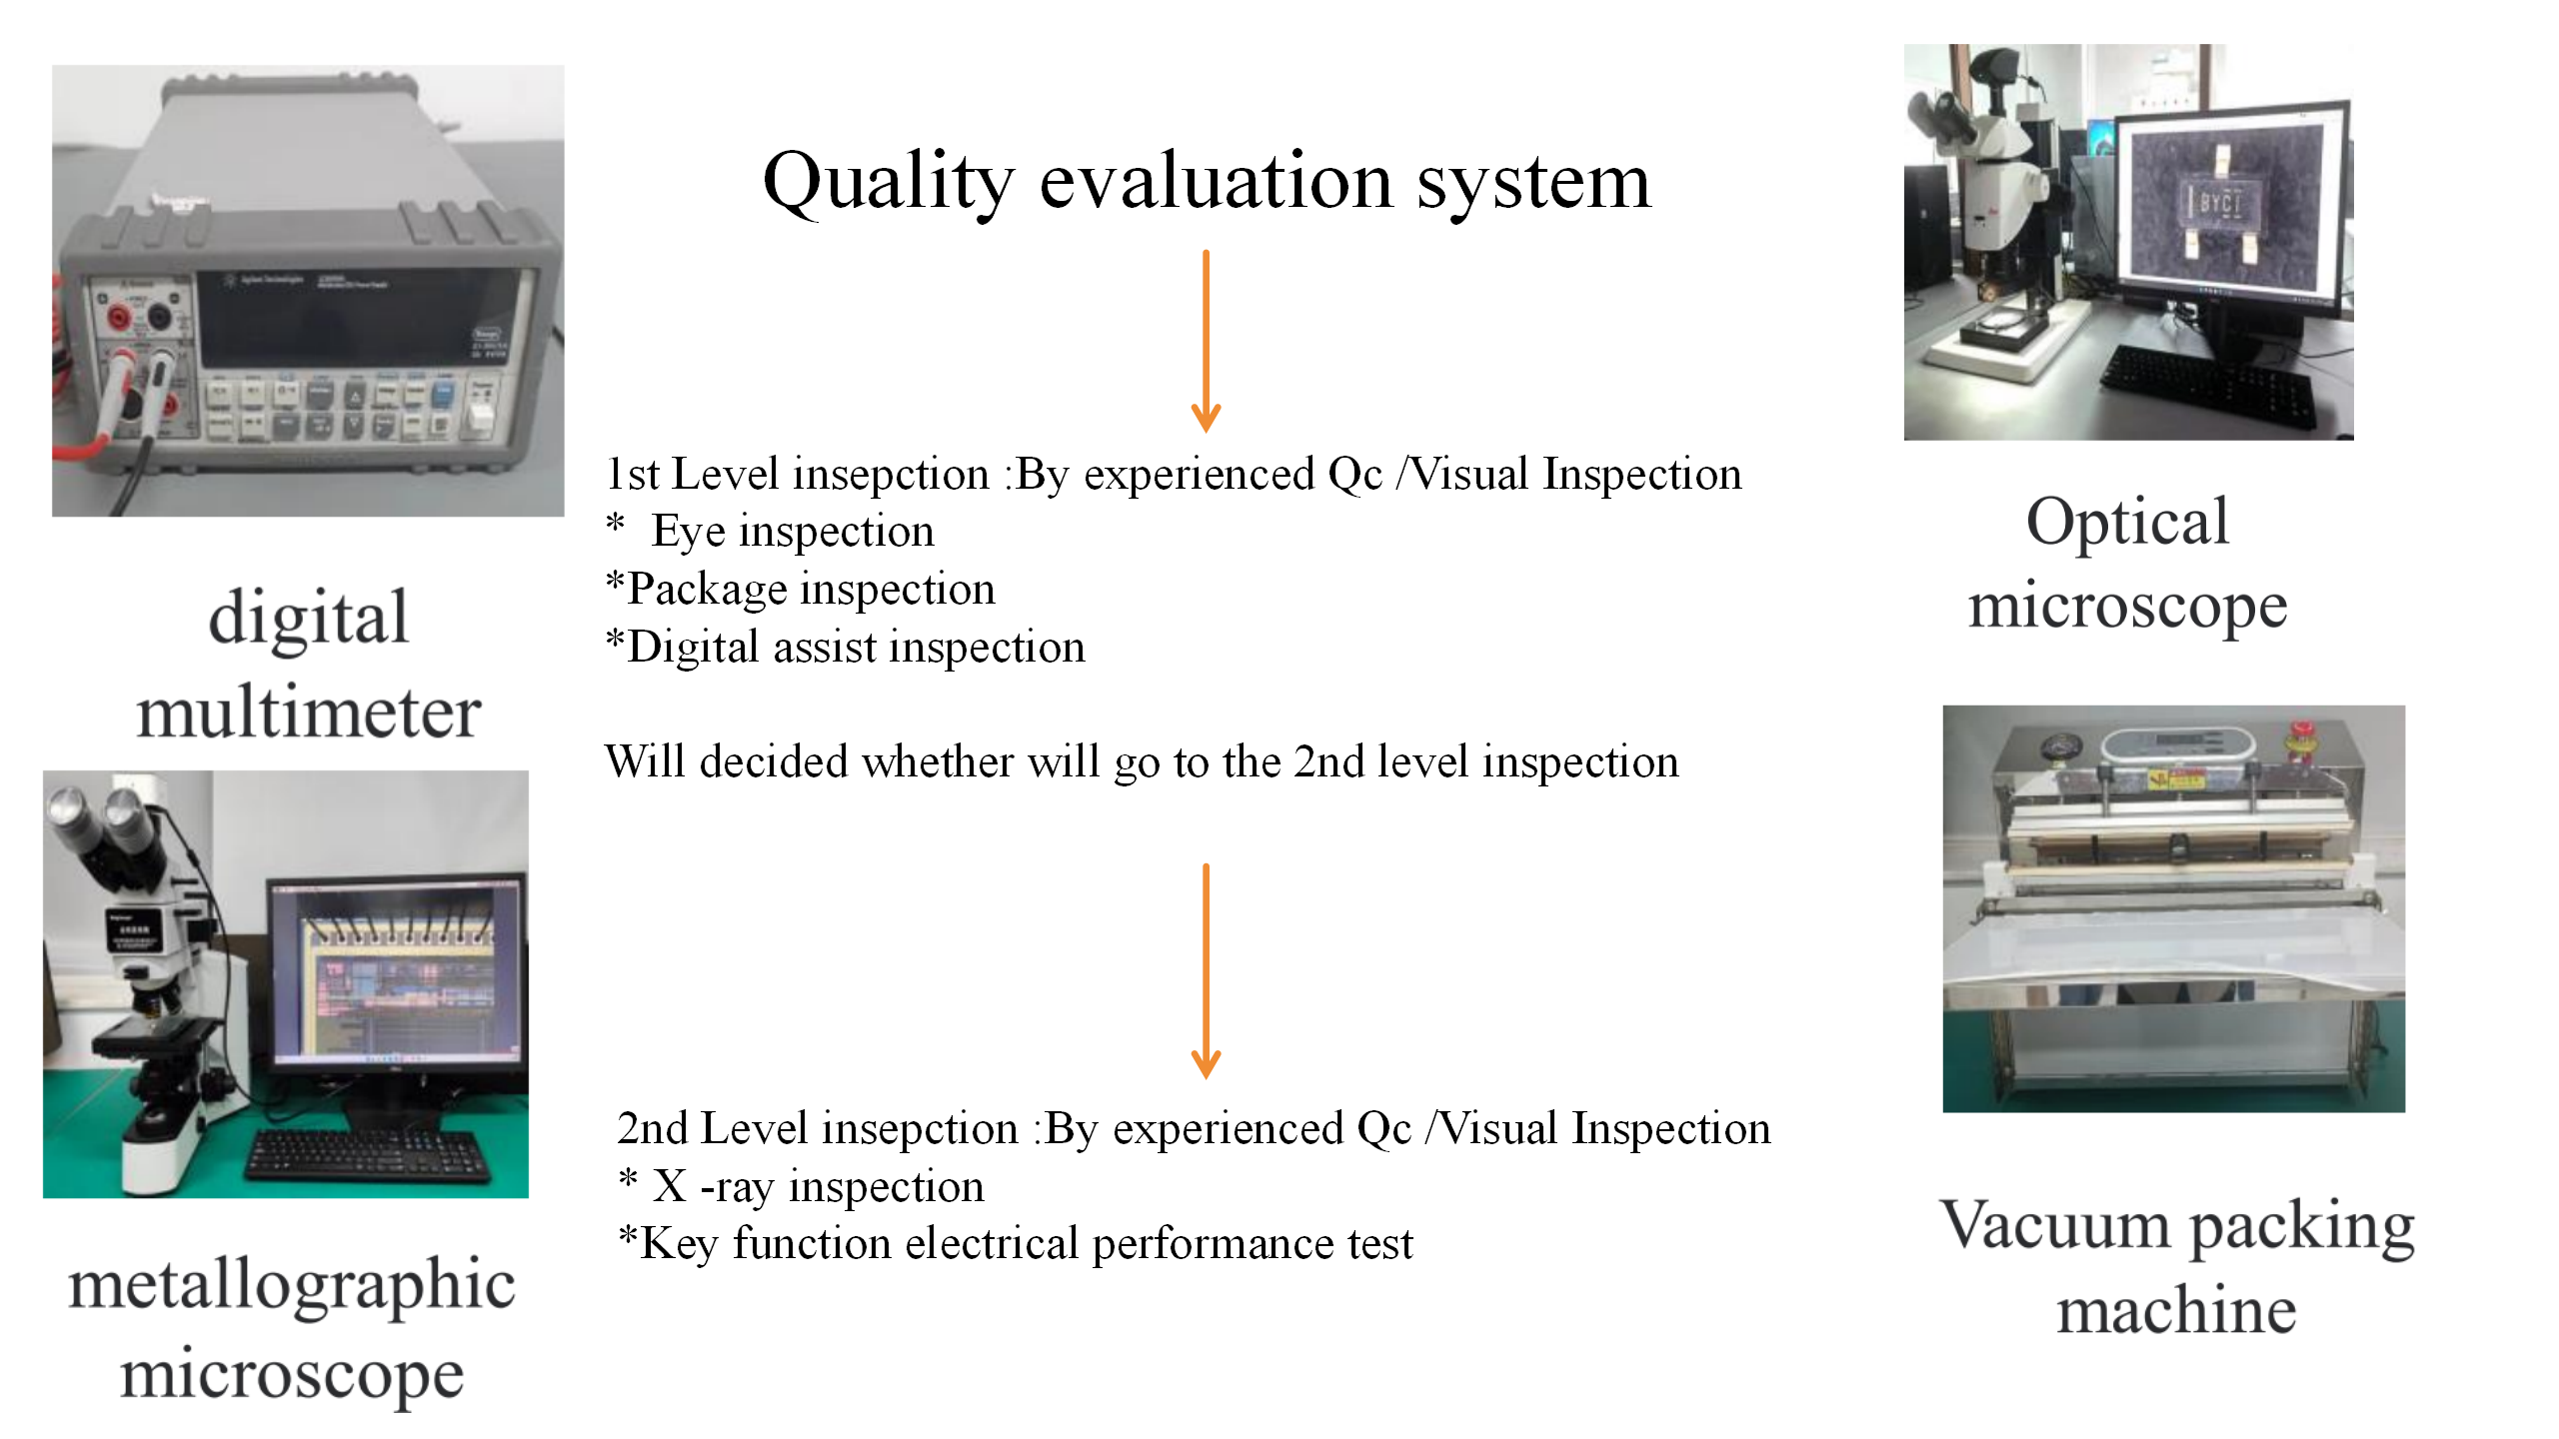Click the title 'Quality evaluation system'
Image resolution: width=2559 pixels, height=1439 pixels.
coord(1207,183)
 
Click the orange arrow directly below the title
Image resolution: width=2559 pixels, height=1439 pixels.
coord(1207,341)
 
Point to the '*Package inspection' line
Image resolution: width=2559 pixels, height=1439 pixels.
coord(801,589)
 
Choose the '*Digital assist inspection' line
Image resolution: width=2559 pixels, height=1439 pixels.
coord(846,647)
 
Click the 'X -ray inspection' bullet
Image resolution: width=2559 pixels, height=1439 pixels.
coord(802,1186)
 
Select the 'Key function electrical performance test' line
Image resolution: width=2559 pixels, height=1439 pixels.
coord(1016,1244)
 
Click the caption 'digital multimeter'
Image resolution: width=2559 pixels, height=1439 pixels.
coord(309,665)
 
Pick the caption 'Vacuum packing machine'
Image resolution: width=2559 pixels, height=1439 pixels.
coord(2177,1266)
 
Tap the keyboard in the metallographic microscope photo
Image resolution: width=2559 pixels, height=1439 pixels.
coord(369,1155)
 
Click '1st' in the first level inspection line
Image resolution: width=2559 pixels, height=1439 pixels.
coord(634,474)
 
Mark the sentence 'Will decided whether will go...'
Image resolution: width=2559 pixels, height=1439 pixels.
coord(1142,762)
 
